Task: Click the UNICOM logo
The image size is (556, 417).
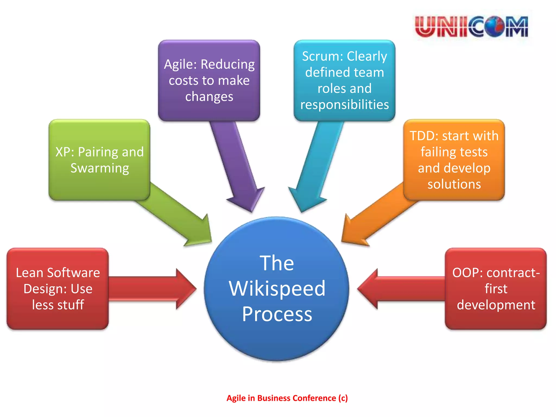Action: click(x=471, y=27)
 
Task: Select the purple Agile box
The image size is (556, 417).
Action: click(x=209, y=80)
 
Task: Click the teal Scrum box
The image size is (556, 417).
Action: click(x=344, y=80)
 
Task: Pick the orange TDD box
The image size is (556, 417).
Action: click(x=454, y=160)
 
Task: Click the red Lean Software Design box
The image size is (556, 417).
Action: click(x=58, y=289)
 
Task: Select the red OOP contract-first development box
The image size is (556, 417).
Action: click(x=496, y=289)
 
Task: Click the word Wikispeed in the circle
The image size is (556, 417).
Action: click(x=277, y=289)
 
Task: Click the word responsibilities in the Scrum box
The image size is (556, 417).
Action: click(x=344, y=105)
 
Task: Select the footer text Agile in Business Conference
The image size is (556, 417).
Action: click(x=287, y=398)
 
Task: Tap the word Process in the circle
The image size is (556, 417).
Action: click(x=277, y=314)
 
